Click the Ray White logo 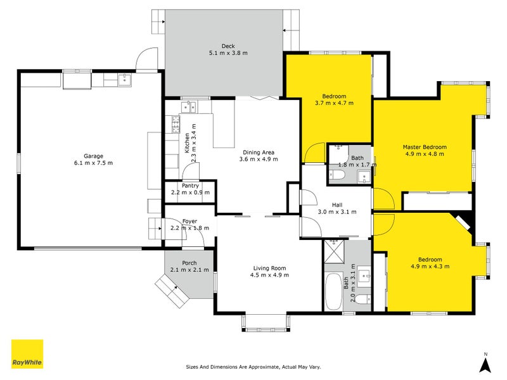pos(27,354)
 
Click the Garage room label pos(93,156)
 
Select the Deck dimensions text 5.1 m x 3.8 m pos(228,53)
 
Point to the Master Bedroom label pos(425,147)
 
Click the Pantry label pos(190,186)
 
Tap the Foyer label pos(189,221)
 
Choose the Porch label pos(189,263)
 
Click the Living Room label pos(269,268)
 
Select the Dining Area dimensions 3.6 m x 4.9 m pos(259,160)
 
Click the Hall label pos(337,205)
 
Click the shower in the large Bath pos(334,251)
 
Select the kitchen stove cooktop pos(176,124)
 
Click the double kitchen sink pos(188,107)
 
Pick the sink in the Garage pos(124,80)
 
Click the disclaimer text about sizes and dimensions pos(253,367)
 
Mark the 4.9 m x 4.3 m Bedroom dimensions pos(430,267)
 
